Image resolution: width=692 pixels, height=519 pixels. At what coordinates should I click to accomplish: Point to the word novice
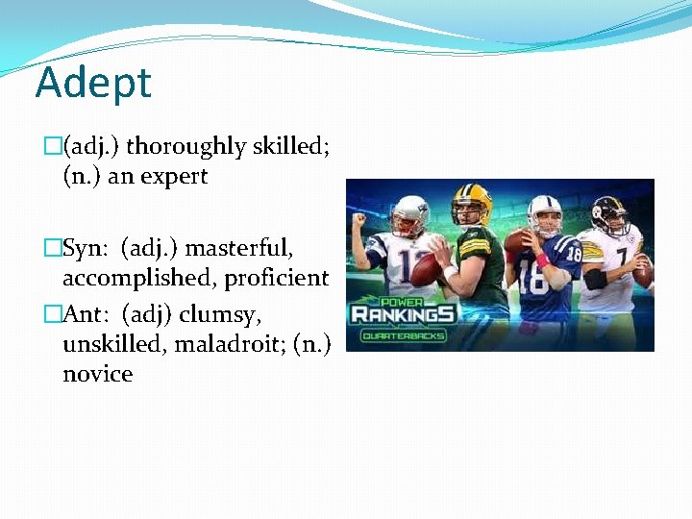97,373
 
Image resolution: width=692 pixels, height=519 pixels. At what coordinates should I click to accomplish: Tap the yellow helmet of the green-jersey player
473,201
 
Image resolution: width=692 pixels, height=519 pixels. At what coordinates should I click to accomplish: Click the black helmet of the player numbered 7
608,212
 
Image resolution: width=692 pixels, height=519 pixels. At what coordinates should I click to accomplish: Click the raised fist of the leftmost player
360,219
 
